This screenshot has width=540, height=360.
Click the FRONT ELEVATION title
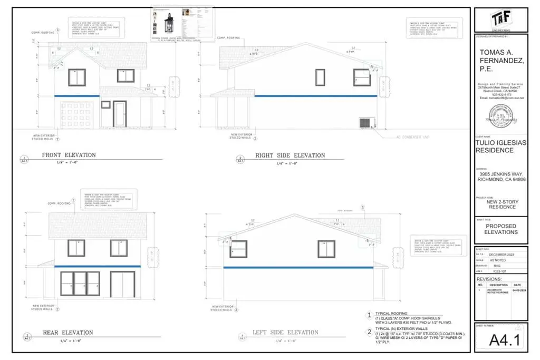69,155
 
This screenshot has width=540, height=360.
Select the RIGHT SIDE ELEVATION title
290,155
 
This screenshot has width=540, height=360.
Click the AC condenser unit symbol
366,122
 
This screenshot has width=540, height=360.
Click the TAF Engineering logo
500,20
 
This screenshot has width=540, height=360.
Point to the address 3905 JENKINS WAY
500,173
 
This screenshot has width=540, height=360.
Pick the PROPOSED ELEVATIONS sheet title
500,229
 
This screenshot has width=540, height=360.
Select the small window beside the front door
105,105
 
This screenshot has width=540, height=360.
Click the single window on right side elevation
320,77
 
